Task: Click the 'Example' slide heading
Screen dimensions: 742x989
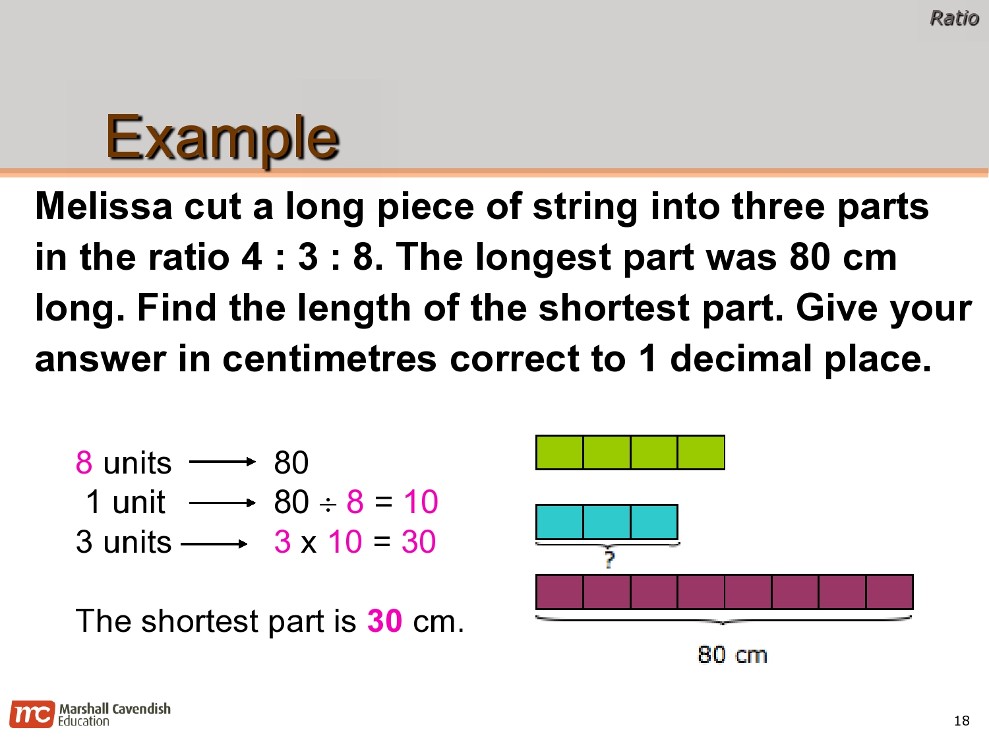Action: point(222,137)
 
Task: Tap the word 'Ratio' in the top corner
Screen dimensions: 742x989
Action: point(953,18)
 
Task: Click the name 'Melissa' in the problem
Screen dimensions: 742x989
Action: point(104,206)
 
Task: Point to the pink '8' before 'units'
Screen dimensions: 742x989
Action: point(84,462)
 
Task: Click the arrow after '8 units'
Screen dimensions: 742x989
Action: point(222,462)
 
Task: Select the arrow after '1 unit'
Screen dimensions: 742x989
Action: point(222,503)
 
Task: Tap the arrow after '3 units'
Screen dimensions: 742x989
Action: point(214,544)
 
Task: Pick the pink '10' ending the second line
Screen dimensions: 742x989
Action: point(421,502)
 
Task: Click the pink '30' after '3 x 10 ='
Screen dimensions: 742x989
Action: point(419,542)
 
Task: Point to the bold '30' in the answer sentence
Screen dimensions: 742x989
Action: point(384,621)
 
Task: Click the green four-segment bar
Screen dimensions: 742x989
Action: point(630,452)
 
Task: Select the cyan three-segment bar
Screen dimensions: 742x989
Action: point(607,522)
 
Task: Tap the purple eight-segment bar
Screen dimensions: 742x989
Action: point(724,592)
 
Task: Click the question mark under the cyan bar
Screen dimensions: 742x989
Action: point(609,559)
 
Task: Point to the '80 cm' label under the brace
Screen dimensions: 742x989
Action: point(732,654)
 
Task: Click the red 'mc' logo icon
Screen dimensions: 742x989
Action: point(32,714)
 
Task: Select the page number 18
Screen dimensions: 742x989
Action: point(961,720)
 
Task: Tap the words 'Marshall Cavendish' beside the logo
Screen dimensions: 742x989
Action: point(115,708)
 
